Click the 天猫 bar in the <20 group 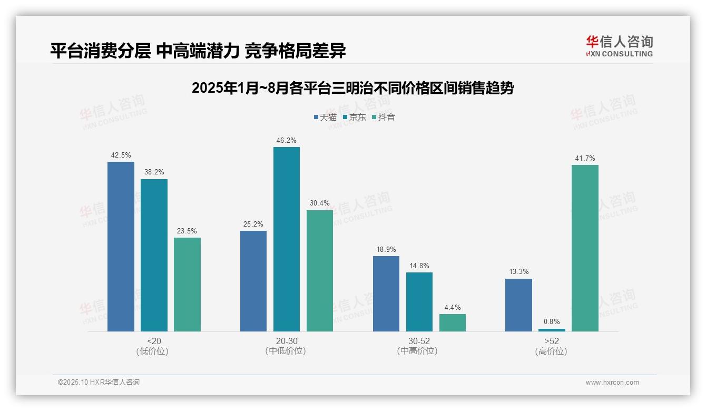[x=121, y=247]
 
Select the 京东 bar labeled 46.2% [x=286, y=239]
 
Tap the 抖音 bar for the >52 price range [x=585, y=248]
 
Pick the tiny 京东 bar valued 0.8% [x=552, y=330]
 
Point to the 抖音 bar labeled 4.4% [x=453, y=322]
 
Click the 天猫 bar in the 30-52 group [x=386, y=293]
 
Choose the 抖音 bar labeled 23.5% [x=187, y=285]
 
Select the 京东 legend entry [x=354, y=117]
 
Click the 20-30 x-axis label [x=286, y=341]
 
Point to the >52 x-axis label [x=552, y=341]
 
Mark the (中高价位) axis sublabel [x=417, y=351]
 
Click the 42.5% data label [x=121, y=155]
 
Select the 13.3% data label [x=518, y=272]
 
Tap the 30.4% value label [x=320, y=203]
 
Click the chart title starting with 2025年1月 [x=352, y=88]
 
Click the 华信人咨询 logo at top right [x=619, y=46]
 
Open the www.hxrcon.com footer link [x=612, y=383]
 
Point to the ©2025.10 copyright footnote [x=99, y=383]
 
